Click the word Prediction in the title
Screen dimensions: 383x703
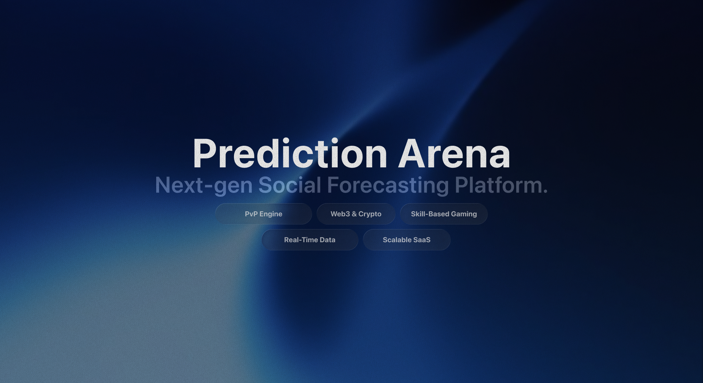[289, 154]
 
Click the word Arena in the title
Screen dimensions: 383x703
[454, 154]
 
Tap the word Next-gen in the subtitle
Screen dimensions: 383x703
[203, 185]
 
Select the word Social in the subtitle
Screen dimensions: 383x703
[289, 185]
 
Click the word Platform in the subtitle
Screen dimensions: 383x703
[498, 185]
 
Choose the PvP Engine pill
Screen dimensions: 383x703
[263, 214]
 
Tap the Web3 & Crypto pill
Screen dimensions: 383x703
[356, 214]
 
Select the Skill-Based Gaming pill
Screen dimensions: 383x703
[444, 214]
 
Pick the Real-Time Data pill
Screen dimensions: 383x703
[310, 240]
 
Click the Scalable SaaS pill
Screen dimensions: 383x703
[407, 240]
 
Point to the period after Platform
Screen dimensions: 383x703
[545, 191]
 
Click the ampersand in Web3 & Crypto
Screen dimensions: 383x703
[354, 214]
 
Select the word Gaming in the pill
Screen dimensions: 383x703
[464, 214]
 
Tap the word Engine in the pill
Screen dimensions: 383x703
[271, 214]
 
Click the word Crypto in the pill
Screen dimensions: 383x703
[370, 214]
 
